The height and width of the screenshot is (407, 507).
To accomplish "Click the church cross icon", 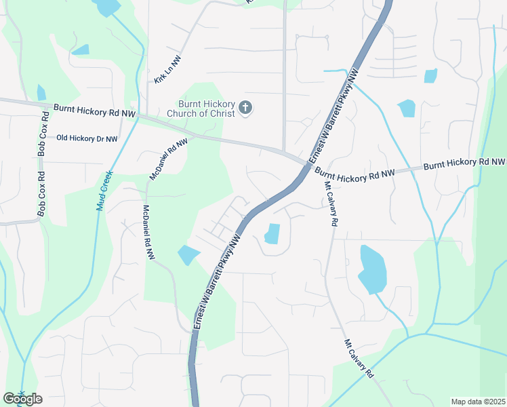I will pyautogui.click(x=245, y=106).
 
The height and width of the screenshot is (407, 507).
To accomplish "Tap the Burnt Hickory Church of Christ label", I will pyautogui.click(x=201, y=108).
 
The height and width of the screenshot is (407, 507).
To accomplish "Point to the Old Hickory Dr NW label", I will pyautogui.click(x=87, y=138).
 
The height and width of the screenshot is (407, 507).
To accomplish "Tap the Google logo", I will pyautogui.click(x=22, y=399).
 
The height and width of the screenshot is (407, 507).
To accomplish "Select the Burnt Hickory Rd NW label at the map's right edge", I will pyautogui.click(x=464, y=163).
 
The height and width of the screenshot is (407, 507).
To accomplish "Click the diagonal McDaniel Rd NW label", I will pyautogui.click(x=168, y=159).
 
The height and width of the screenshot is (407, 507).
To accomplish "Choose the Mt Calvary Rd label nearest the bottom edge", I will pyautogui.click(x=359, y=359).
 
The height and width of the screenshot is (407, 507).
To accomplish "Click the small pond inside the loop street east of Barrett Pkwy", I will pyautogui.click(x=272, y=234).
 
